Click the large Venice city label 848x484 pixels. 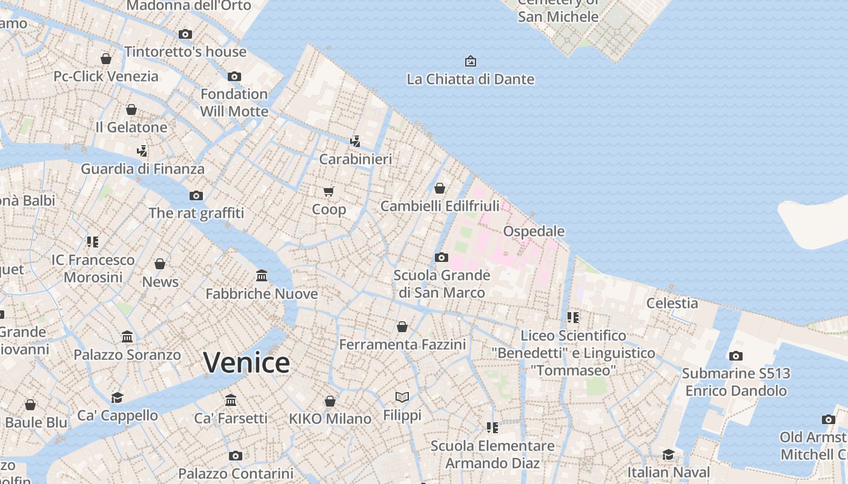[247, 362]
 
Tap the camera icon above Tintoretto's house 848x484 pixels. [185, 34]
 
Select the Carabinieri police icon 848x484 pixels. [356, 142]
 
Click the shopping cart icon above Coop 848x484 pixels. [329, 192]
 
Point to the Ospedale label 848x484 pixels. [534, 231]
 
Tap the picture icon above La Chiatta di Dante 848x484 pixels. [471, 61]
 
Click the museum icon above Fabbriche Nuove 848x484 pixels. [262, 276]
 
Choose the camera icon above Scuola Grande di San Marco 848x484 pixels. [442, 258]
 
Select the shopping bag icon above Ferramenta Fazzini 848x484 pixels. [402, 327]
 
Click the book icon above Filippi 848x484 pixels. [402, 397]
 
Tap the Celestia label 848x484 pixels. [672, 302]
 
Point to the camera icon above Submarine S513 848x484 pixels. [736, 356]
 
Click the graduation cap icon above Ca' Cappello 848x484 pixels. [117, 397]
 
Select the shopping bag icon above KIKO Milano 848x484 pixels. [330, 401]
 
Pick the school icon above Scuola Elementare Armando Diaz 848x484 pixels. [492, 428]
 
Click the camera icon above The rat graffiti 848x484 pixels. [196, 195]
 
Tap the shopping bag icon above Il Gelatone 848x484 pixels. [131, 110]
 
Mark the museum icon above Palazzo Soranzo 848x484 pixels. [127, 336]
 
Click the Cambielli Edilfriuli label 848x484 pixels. [440, 206]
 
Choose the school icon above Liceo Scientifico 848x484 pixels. [573, 317]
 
